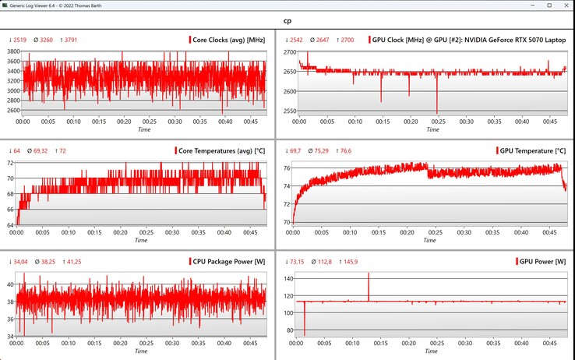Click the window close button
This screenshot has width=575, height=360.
coord(563,6)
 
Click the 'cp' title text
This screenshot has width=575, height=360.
coord(287,23)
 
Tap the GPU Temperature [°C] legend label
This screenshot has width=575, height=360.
coord(533,150)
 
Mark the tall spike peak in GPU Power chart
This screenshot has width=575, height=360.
coord(369,274)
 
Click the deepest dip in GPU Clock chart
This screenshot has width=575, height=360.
coord(437,112)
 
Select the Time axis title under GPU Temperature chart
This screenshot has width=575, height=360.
coord(430,241)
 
